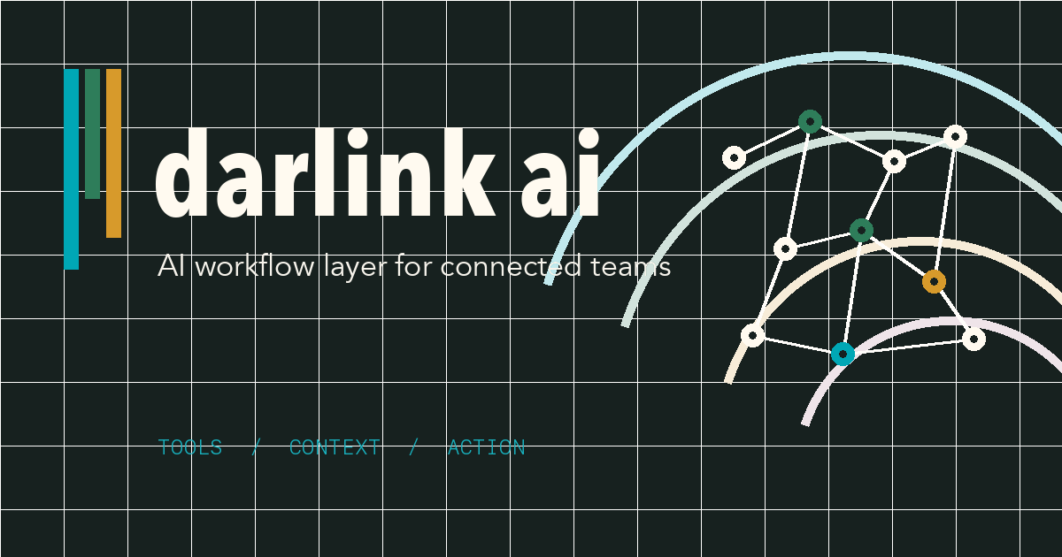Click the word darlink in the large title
coord(324,174)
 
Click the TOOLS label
coord(189,447)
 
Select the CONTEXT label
coord(335,447)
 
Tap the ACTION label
coord(486,447)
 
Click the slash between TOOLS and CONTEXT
coord(256,447)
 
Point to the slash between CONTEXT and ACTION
coord(413,447)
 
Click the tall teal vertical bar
coord(72,168)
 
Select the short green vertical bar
coord(92,133)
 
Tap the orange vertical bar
coord(113,152)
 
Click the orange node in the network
coord(934,282)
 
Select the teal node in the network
coord(843,354)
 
